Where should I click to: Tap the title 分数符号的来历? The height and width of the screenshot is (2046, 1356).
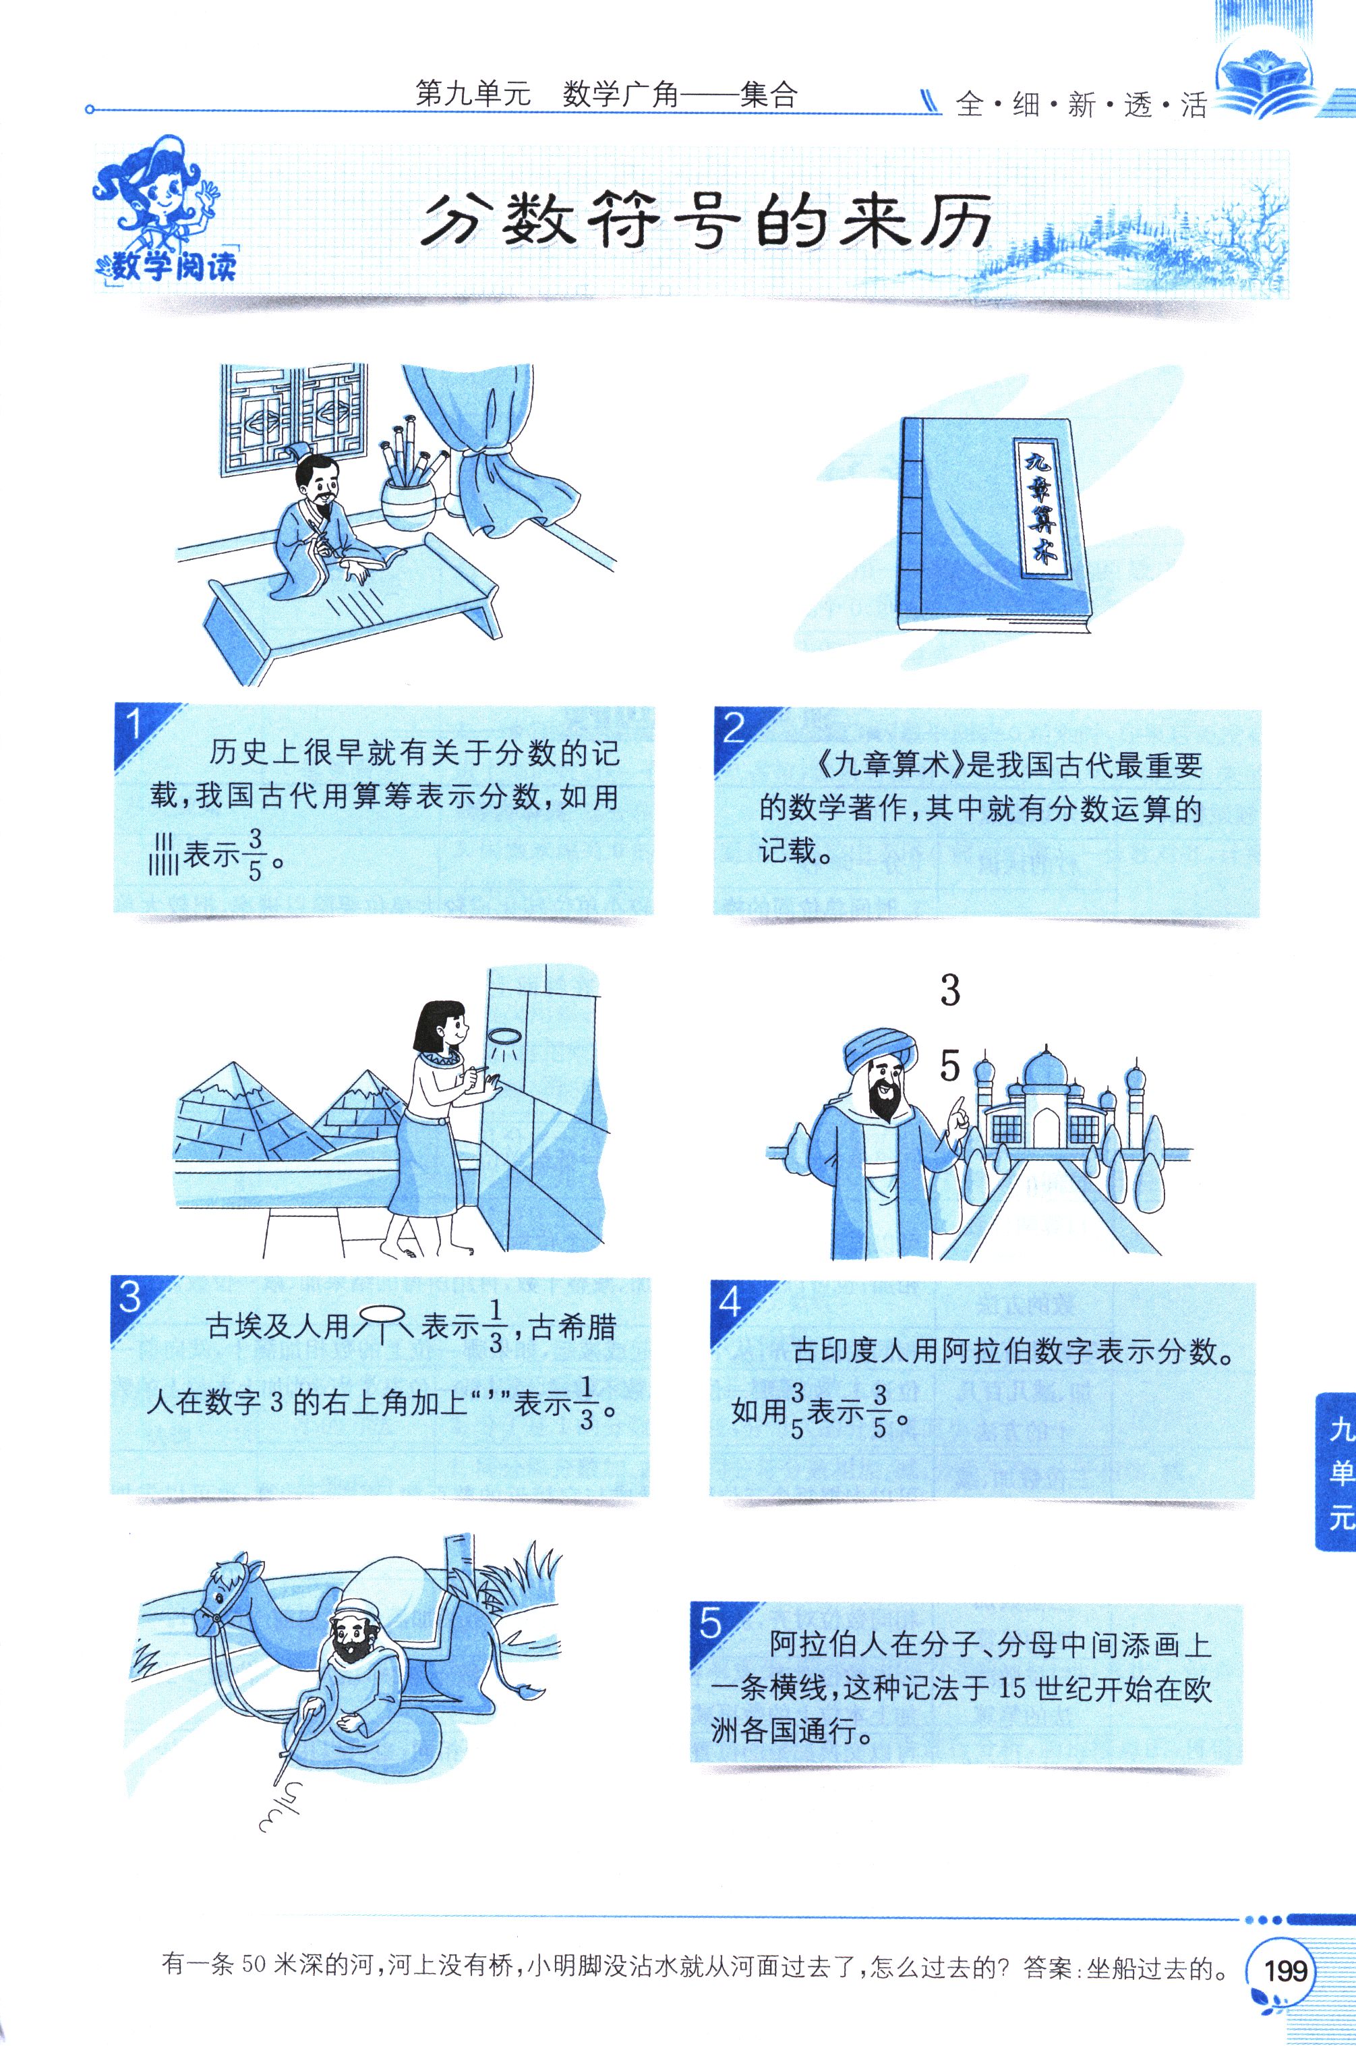[707, 223]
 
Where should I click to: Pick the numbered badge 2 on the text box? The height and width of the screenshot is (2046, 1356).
[734, 728]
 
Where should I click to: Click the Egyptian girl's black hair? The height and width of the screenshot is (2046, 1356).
[435, 1029]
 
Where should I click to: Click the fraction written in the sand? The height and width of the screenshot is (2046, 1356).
[281, 1807]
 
